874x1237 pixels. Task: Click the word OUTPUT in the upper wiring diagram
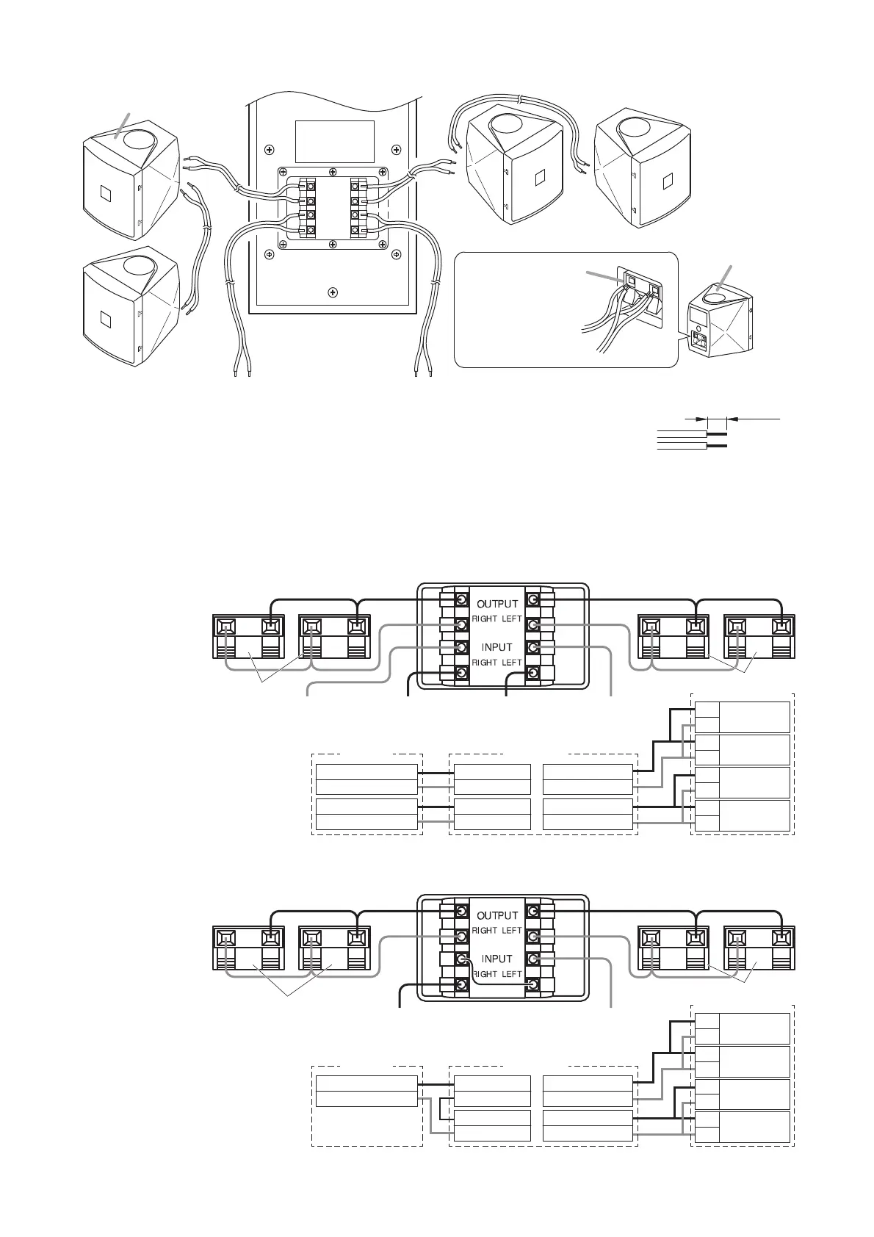(x=497, y=604)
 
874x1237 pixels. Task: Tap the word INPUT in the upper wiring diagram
(x=496, y=647)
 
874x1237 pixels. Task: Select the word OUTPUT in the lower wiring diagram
(x=497, y=916)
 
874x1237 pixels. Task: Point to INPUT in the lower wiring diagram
(x=496, y=959)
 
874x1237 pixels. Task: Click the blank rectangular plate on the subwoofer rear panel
(x=334, y=142)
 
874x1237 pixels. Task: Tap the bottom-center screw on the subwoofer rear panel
(x=333, y=292)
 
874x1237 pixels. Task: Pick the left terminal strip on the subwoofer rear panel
(x=307, y=207)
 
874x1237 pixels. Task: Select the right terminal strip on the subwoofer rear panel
(x=358, y=207)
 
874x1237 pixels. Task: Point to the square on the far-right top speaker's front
(x=666, y=179)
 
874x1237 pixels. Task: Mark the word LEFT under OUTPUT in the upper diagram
(x=512, y=618)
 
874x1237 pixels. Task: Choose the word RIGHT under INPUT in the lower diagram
(x=484, y=974)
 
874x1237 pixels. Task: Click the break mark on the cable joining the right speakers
(x=519, y=98)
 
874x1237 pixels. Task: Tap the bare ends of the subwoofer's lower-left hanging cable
(x=242, y=373)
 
